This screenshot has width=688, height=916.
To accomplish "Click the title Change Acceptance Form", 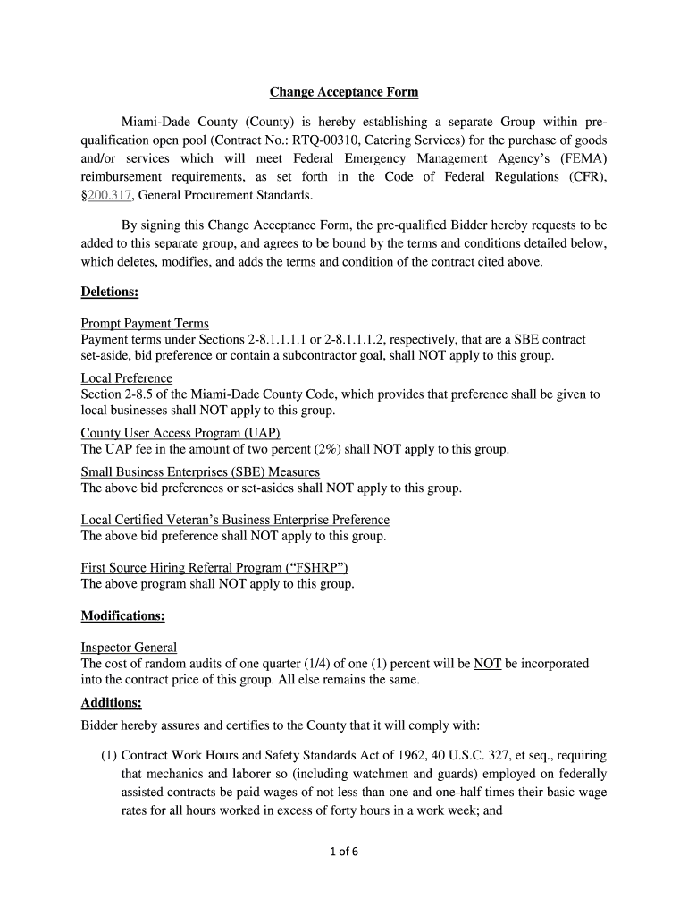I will coord(344,92).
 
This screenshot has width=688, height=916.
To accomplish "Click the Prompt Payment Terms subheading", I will coord(145,324).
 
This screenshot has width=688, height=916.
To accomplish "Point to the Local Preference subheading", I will coord(127,378).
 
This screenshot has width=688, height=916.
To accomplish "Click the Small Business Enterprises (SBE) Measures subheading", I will coord(200,472).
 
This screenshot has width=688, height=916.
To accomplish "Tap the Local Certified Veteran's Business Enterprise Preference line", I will coord(235,520).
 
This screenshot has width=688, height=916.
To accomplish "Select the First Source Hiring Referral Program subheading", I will coord(214,568).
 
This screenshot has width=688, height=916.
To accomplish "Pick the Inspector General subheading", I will coord(129,648).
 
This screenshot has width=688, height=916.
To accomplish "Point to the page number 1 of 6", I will coord(344,852).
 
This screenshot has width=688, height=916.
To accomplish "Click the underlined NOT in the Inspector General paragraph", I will coord(487,664).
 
